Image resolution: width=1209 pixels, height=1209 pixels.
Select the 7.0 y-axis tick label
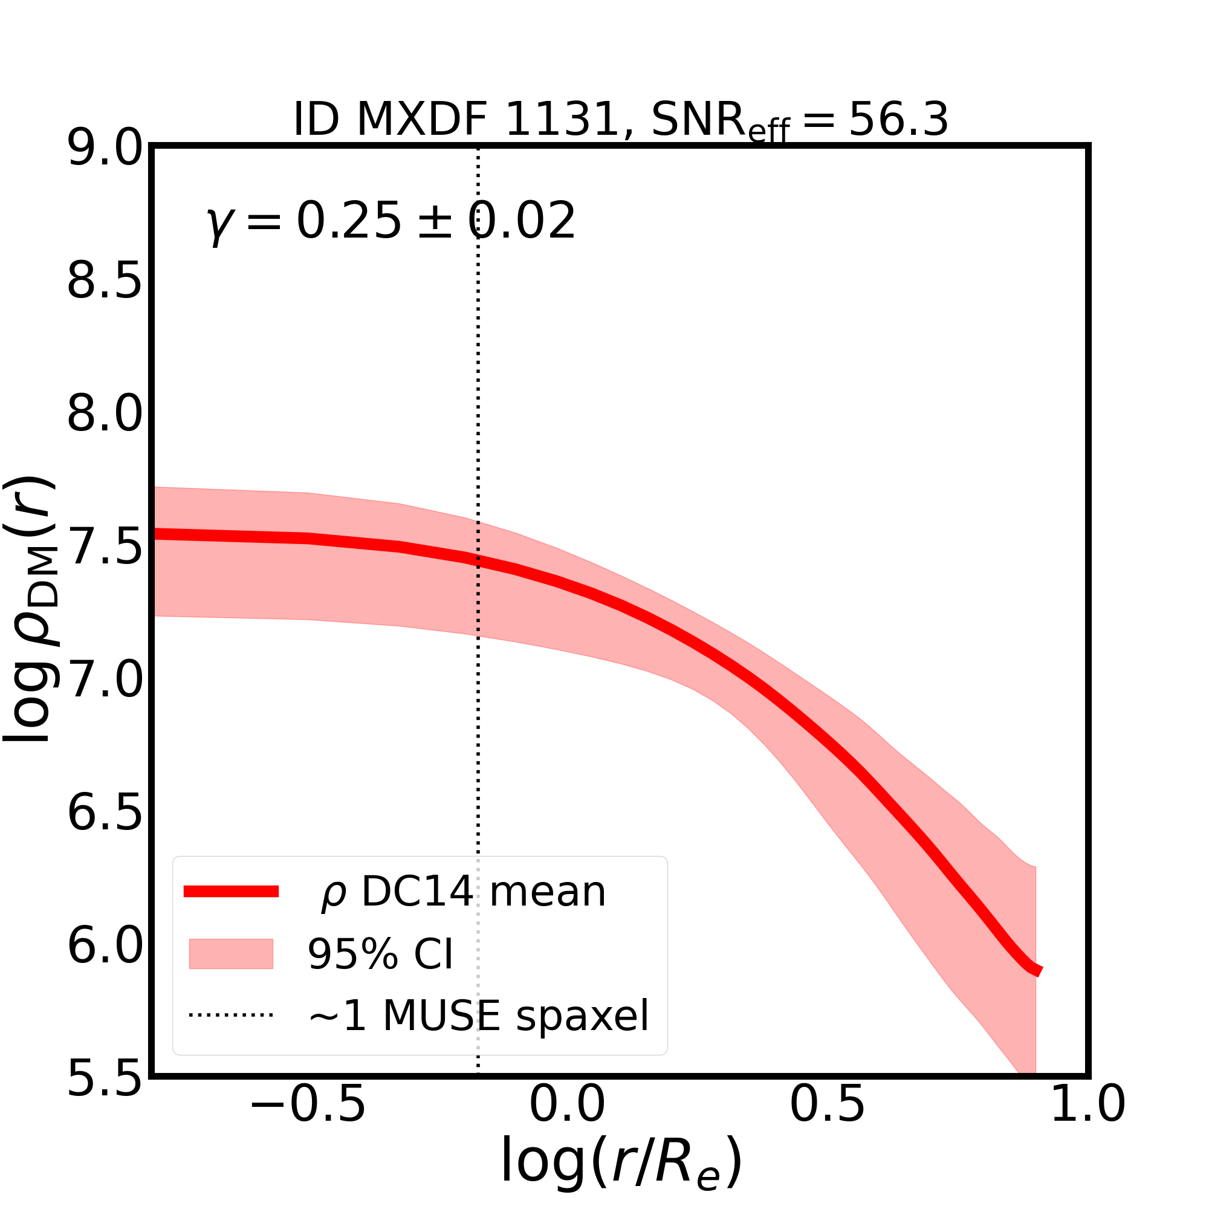click(105, 681)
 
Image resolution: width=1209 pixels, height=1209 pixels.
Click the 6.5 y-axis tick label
click(105, 815)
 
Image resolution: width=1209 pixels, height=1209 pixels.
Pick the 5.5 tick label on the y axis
click(105, 1081)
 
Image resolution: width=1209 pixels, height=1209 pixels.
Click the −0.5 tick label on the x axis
click(307, 1122)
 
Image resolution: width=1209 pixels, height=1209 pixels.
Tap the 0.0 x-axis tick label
click(567, 1122)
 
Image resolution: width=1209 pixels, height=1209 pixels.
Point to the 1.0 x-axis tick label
click(1087, 1122)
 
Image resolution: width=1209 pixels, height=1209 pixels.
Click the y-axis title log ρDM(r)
click(31, 610)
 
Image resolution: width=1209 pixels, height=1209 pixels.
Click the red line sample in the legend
click(231, 892)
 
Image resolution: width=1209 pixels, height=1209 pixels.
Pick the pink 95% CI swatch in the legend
click(231, 955)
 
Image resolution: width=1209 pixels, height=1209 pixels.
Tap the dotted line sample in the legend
click(231, 1015)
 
